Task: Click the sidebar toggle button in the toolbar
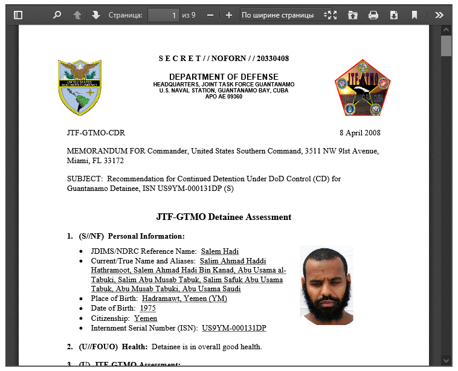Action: pos(18,15)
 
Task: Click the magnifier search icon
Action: pos(57,15)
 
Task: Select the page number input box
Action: pos(164,15)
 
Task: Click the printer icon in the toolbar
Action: pos(373,15)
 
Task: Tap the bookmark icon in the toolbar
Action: pos(414,15)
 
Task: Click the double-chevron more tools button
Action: pos(439,15)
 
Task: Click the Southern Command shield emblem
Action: pos(80,87)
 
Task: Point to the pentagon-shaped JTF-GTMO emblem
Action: pos(363,88)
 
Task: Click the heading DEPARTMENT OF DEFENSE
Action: pos(224,77)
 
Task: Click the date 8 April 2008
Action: pos(360,133)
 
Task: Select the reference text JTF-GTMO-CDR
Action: pos(96,133)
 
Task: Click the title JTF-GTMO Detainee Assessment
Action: pos(224,217)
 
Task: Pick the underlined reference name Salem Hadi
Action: pos(219,251)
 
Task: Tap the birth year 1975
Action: pos(147,308)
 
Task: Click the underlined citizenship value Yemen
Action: pos(146,318)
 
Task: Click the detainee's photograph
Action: pos(326,285)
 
